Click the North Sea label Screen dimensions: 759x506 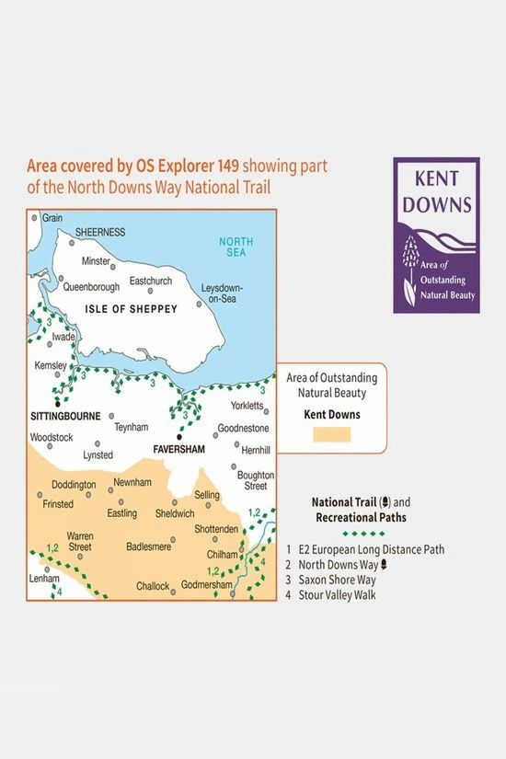236,248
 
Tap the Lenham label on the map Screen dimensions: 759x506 44,577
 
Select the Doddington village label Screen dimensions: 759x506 73,485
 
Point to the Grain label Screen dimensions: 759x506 52,218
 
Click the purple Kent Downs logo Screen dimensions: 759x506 435,235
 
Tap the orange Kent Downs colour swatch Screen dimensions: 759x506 331,434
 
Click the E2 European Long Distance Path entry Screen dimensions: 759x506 377,549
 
